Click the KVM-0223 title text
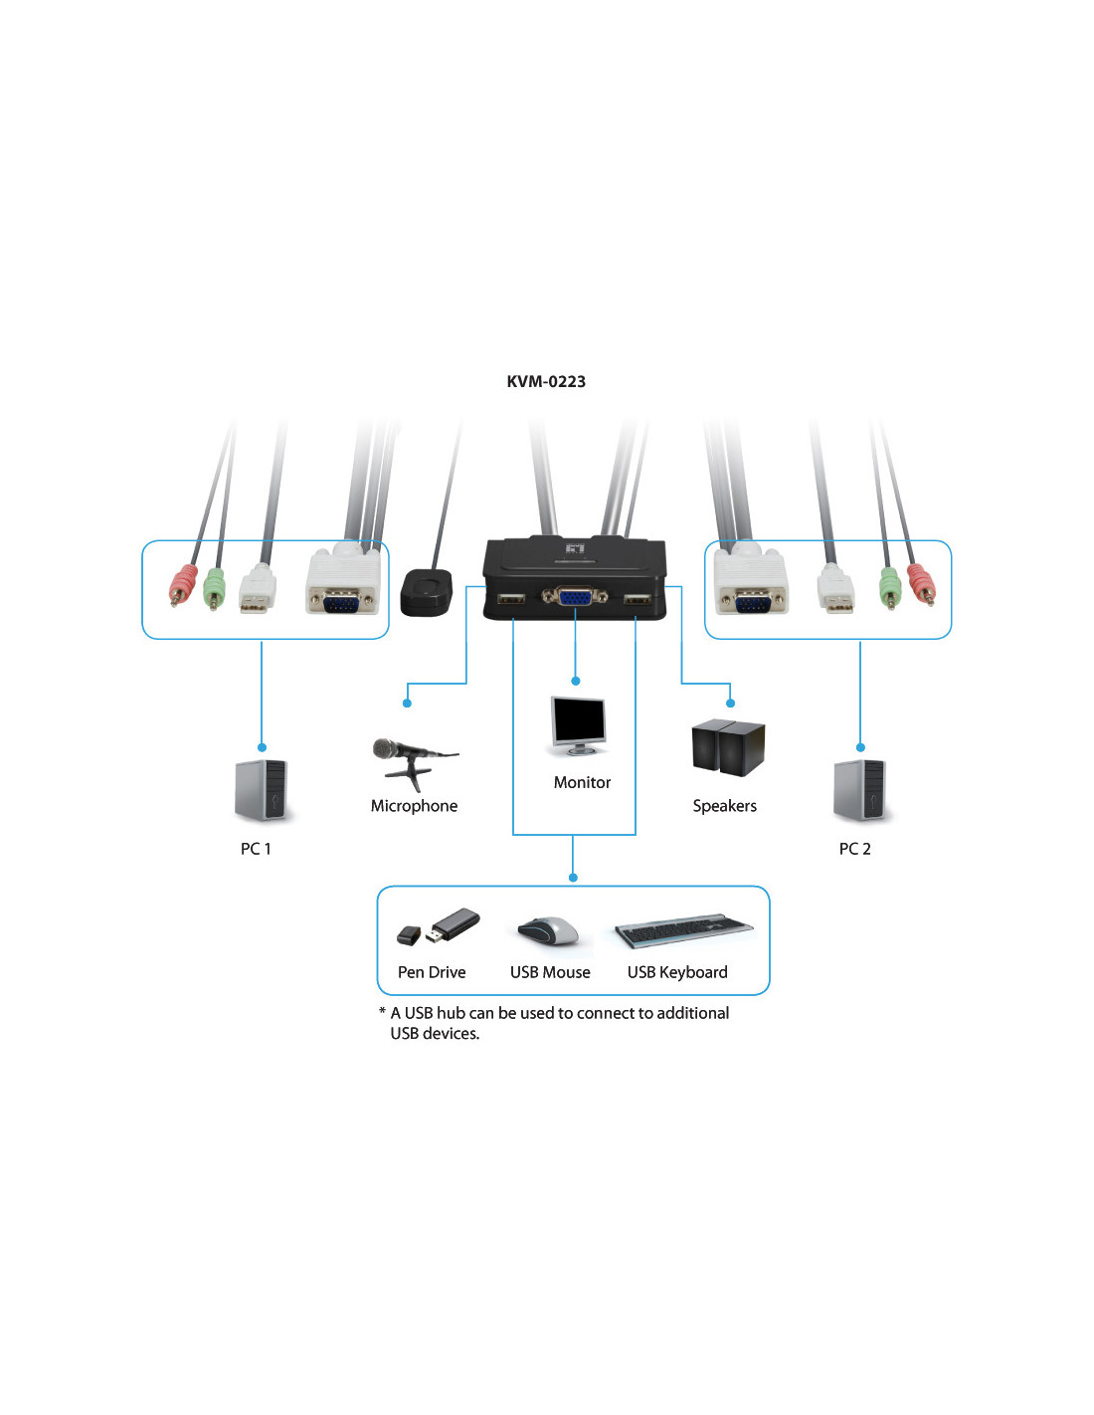[546, 381]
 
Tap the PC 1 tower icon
[262, 791]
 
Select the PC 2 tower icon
[860, 791]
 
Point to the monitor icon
[578, 725]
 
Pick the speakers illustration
[728, 747]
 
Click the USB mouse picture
[549, 932]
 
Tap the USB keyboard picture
[683, 931]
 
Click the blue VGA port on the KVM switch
[574, 597]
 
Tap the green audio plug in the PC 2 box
[889, 587]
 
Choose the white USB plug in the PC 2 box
[835, 588]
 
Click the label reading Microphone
[414, 806]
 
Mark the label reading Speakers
[724, 806]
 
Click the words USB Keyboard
[677, 972]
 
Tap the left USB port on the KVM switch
[510, 599]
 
